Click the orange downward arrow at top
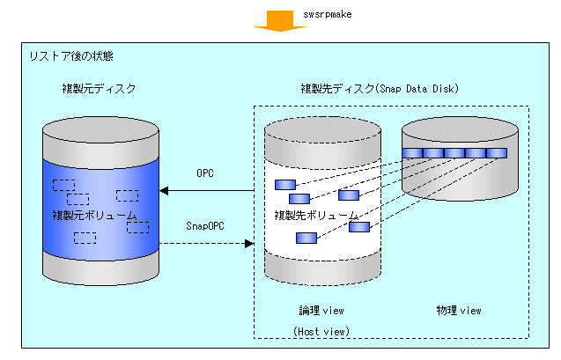pos(280,21)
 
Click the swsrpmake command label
pos(328,14)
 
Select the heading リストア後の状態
pos(71,56)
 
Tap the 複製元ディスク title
pos(100,89)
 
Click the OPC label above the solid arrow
pos(205,173)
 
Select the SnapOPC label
pos(205,226)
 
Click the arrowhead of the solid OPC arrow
pos(164,190)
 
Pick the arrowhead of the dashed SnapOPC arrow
pos(249,244)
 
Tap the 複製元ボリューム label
pos(94,216)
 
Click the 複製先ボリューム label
pos(316,216)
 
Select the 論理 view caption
pos(321,311)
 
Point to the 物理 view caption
pos(459,311)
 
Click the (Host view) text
pos(321,332)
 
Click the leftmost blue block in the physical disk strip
pos(412,153)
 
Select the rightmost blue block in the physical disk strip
pos(497,153)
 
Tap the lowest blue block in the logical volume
pos(306,239)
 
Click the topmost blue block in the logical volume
pos(285,185)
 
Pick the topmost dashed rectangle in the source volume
pos(64,185)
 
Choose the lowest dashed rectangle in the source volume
pos(85,239)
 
